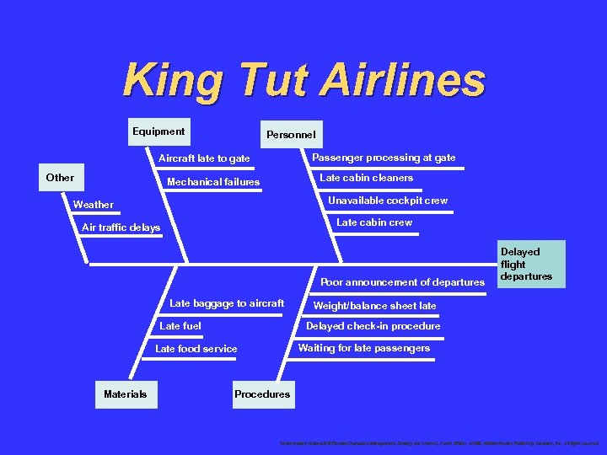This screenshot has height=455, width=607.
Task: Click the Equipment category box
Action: pyautogui.click(x=158, y=132)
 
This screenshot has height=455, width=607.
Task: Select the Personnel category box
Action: pyautogui.click(x=291, y=134)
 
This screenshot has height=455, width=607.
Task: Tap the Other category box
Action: pyautogui.click(x=60, y=178)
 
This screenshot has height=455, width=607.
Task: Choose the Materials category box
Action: pyautogui.click(x=126, y=394)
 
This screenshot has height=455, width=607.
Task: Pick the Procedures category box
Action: pyautogui.click(x=262, y=394)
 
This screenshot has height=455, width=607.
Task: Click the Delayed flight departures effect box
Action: pyautogui.click(x=526, y=264)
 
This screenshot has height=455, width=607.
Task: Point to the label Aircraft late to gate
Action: pyautogui.click(x=204, y=158)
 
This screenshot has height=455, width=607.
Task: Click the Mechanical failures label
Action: pyautogui.click(x=213, y=182)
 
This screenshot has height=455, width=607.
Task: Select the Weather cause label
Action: pyautogui.click(x=94, y=205)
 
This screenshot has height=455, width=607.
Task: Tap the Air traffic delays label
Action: pyautogui.click(x=121, y=227)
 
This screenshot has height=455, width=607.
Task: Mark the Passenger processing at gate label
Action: pyautogui.click(x=384, y=158)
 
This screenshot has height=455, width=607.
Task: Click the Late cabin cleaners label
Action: pyautogui.click(x=366, y=178)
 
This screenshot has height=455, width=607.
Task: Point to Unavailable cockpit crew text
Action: pyautogui.click(x=387, y=201)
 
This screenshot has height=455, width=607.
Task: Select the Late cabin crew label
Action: pyautogui.click(x=374, y=222)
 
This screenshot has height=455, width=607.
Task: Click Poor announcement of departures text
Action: pyautogui.click(x=402, y=282)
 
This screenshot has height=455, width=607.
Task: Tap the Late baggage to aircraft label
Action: pyautogui.click(x=227, y=303)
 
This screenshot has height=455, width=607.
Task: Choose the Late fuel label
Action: pyautogui.click(x=180, y=326)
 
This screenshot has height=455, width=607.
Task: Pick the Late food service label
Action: pyautogui.click(x=196, y=349)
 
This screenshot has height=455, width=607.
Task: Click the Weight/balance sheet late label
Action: pyautogui.click(x=374, y=306)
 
